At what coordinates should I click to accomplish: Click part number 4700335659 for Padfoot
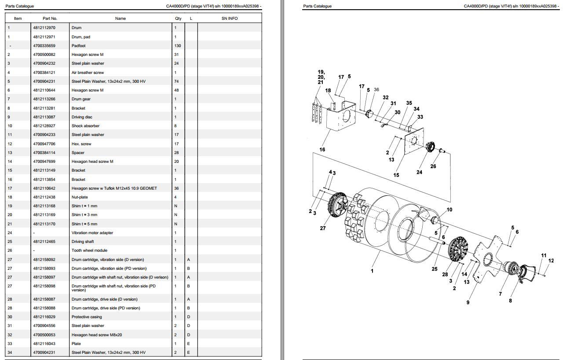(44, 46)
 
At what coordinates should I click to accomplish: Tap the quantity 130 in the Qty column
(178, 46)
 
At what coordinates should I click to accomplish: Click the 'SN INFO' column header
(230, 18)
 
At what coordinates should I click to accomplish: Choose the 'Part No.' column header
(50, 18)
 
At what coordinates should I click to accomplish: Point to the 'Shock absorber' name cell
(85, 126)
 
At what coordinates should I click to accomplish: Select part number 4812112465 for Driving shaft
(44, 242)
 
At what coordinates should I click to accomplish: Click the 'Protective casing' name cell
(87, 317)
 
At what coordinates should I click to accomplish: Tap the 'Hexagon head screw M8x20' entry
(97, 335)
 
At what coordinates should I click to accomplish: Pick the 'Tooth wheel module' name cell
(89, 250)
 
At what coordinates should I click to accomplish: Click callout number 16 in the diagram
(322, 150)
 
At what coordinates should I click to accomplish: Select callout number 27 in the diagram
(323, 228)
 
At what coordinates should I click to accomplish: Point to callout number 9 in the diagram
(468, 302)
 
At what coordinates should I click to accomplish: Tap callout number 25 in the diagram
(435, 269)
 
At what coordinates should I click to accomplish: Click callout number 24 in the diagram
(419, 172)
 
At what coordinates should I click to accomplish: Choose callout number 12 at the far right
(551, 261)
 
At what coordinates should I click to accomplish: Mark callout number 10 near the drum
(449, 209)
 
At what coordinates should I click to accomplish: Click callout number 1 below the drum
(372, 271)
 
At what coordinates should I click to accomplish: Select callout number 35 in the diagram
(409, 103)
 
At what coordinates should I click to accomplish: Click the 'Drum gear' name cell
(81, 99)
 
